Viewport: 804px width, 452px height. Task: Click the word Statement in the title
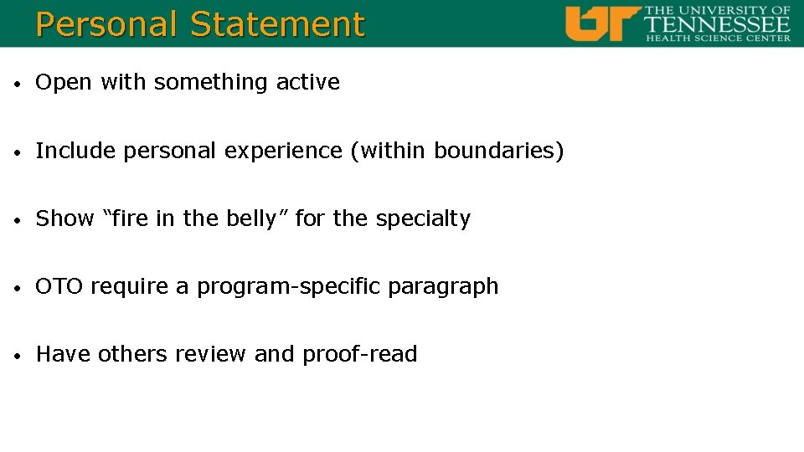pyautogui.click(x=278, y=24)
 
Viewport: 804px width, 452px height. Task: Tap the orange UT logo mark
pyautogui.click(x=602, y=23)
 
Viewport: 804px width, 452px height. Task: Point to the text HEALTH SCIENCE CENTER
pyautogui.click(x=717, y=38)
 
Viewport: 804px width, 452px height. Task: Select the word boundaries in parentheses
pyautogui.click(x=494, y=151)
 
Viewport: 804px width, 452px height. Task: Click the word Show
pyautogui.click(x=64, y=218)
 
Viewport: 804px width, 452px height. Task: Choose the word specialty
pyautogui.click(x=423, y=219)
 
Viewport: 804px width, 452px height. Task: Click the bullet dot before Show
pyautogui.click(x=18, y=220)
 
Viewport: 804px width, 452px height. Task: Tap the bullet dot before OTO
pyautogui.click(x=18, y=288)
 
